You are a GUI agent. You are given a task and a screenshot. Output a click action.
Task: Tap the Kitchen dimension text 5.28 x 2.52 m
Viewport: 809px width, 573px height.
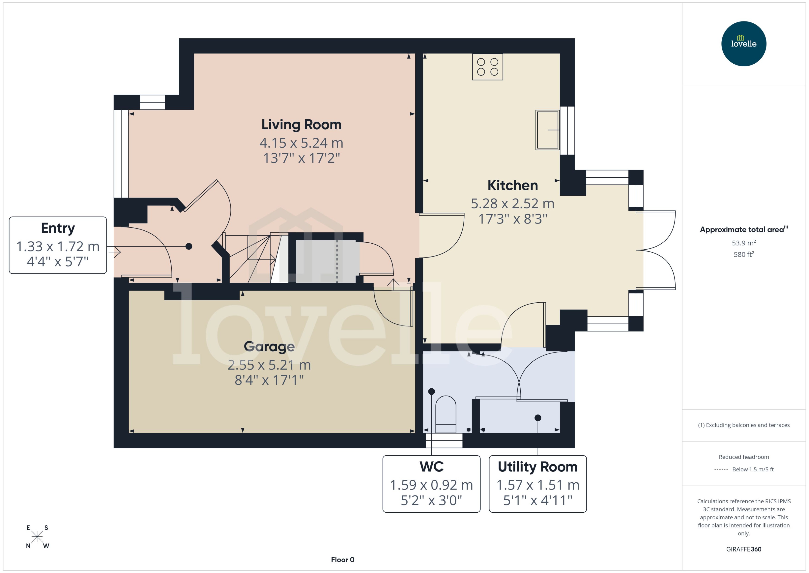[x=512, y=204]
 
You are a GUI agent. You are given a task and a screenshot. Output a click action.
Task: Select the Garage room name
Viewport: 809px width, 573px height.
[x=269, y=347]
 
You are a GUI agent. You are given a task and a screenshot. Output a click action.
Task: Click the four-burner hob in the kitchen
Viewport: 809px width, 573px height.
[x=487, y=67]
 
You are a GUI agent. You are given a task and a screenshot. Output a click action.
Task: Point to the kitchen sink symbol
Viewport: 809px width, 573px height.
[x=547, y=130]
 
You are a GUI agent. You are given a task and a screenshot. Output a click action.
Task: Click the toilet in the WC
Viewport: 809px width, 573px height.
[x=446, y=414]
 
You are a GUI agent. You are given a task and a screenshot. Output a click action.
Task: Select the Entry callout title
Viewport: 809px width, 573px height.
[x=58, y=228]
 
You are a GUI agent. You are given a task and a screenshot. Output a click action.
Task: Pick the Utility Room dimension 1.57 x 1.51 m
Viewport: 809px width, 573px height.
[x=538, y=485]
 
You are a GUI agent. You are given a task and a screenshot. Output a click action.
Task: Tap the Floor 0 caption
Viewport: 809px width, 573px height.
[x=342, y=560]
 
